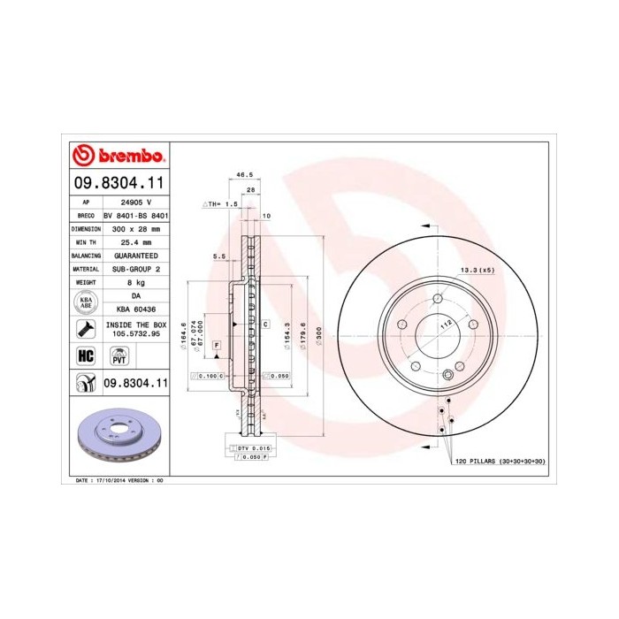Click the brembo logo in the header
[x=118, y=156]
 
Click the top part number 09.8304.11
[x=118, y=185]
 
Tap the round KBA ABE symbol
[x=86, y=302]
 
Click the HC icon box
[x=86, y=355]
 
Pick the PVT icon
[x=118, y=355]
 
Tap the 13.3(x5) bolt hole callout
[x=476, y=270]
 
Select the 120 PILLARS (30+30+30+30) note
[x=501, y=462]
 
